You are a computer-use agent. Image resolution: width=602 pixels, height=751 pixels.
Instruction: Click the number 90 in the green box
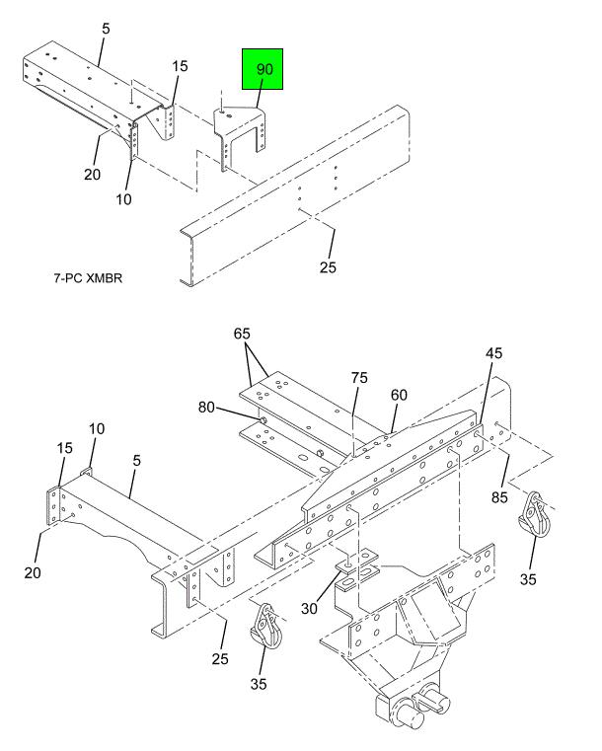264,69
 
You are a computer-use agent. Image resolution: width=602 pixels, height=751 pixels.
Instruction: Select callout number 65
242,334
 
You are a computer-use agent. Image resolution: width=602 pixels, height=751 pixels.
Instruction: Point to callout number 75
359,378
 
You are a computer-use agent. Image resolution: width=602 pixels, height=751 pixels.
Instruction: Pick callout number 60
399,395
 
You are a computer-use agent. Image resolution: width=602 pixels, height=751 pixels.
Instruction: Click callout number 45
493,353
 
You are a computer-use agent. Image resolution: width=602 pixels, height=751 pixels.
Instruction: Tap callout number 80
206,408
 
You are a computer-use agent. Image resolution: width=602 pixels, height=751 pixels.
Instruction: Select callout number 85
499,497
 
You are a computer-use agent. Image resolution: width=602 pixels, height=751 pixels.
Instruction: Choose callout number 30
309,608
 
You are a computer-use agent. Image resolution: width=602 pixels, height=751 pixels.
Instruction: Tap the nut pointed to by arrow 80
263,420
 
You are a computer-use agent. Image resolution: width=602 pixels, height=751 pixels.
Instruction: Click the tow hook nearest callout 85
534,515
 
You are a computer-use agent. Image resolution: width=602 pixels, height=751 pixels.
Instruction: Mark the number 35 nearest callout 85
528,579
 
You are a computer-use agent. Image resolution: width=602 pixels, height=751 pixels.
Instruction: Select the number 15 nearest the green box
180,65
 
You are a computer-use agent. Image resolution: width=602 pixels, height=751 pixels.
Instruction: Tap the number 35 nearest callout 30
259,684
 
